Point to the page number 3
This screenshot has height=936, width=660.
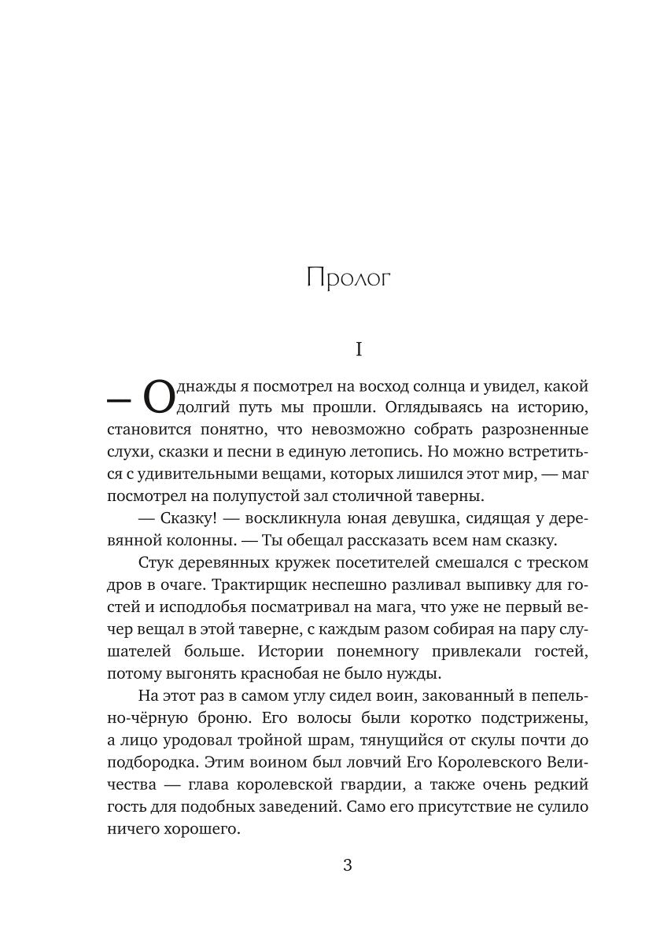[x=348, y=866]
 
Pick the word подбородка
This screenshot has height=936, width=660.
[x=146, y=762]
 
